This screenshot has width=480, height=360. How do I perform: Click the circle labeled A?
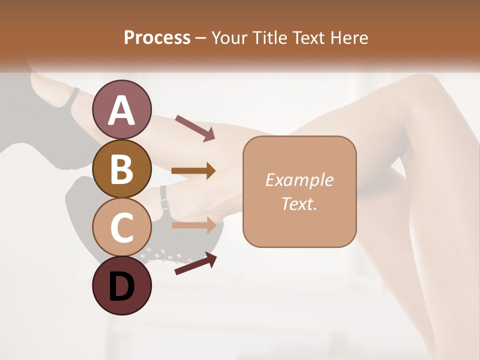point(122,109)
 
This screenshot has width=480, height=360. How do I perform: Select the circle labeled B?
point(122,168)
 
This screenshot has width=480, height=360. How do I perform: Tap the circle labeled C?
point(122,227)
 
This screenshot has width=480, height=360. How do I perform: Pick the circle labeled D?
point(122,286)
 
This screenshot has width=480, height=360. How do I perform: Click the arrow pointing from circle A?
point(195,127)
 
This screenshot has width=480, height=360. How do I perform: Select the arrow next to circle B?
point(193,170)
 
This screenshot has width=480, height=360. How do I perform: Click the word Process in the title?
point(157,37)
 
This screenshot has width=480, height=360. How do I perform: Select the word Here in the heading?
point(349,37)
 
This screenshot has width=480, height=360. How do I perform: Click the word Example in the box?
point(299,180)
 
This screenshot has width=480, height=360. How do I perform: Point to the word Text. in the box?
point(299,203)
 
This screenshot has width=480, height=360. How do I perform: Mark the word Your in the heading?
point(230,37)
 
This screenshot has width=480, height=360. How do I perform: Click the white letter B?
point(122,168)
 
